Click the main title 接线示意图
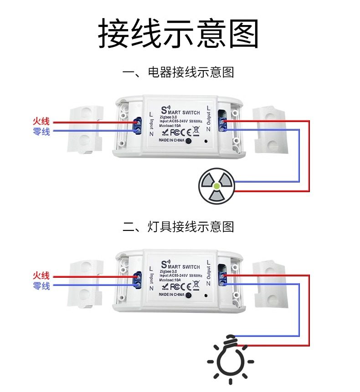click(179, 34)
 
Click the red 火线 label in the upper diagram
click(41, 122)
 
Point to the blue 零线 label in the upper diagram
click(41, 132)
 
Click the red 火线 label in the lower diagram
click(41, 276)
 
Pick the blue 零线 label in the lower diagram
click(41, 286)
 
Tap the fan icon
click(216, 186)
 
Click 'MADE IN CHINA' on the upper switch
click(171, 141)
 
